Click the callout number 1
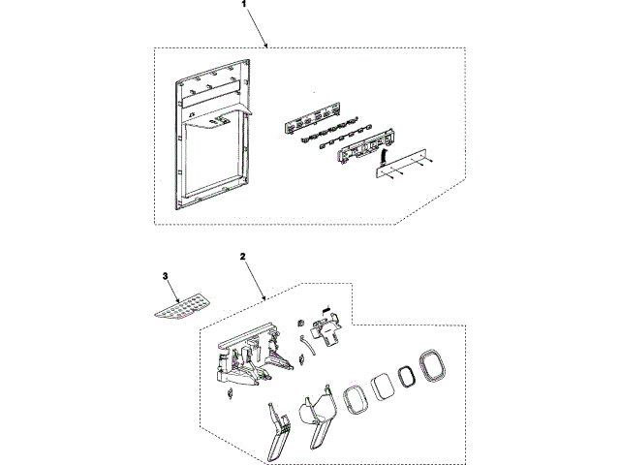click(243, 6)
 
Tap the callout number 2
click(243, 258)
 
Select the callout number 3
click(166, 276)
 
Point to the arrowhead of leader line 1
click(268, 46)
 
